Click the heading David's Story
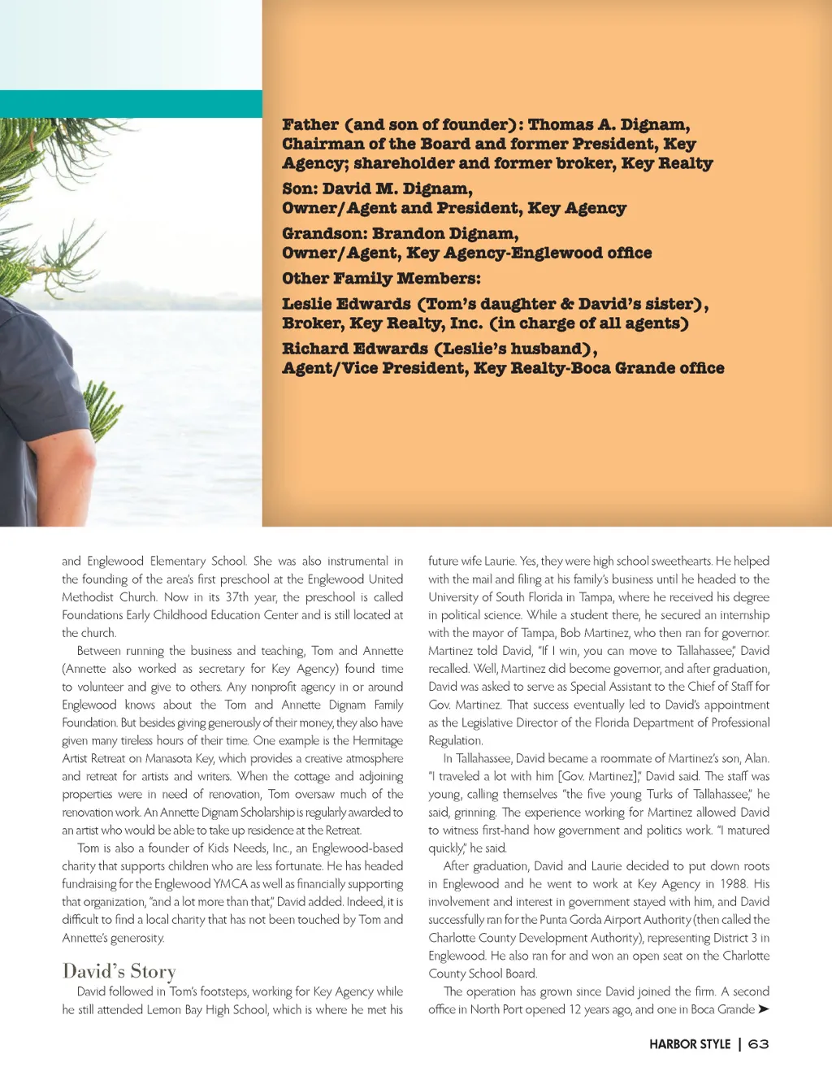(x=119, y=971)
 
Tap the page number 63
(x=758, y=1044)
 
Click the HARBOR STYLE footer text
(x=690, y=1044)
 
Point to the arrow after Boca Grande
(x=763, y=1009)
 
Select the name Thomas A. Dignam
(x=609, y=125)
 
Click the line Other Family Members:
(x=381, y=279)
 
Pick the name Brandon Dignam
(x=445, y=234)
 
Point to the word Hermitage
(x=377, y=741)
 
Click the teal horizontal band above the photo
(x=131, y=103)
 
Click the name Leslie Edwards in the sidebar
(x=346, y=305)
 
